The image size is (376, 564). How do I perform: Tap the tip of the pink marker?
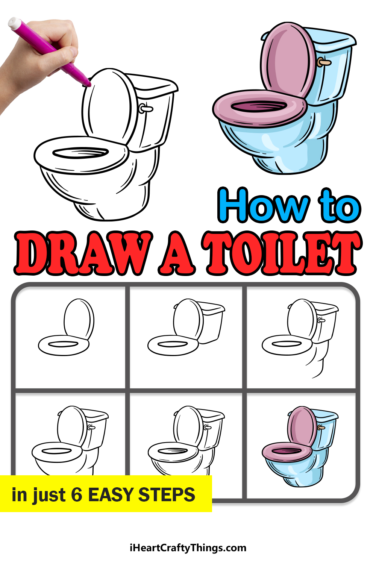(x=89, y=84)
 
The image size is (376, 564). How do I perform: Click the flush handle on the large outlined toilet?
(x=146, y=108)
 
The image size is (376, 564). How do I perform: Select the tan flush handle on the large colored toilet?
(x=324, y=62)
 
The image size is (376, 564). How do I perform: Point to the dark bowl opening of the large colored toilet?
(x=259, y=106)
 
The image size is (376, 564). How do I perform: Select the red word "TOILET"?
(x=282, y=253)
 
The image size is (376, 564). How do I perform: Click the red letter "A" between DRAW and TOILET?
(x=177, y=253)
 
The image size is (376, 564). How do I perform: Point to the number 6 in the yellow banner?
(x=77, y=494)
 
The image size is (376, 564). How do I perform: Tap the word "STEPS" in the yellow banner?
(x=167, y=494)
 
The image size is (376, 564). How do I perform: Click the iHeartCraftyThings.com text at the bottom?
(x=188, y=547)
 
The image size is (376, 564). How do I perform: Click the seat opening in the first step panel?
(x=63, y=344)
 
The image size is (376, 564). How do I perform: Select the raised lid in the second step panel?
(x=188, y=319)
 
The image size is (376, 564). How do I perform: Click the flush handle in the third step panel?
(x=321, y=320)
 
